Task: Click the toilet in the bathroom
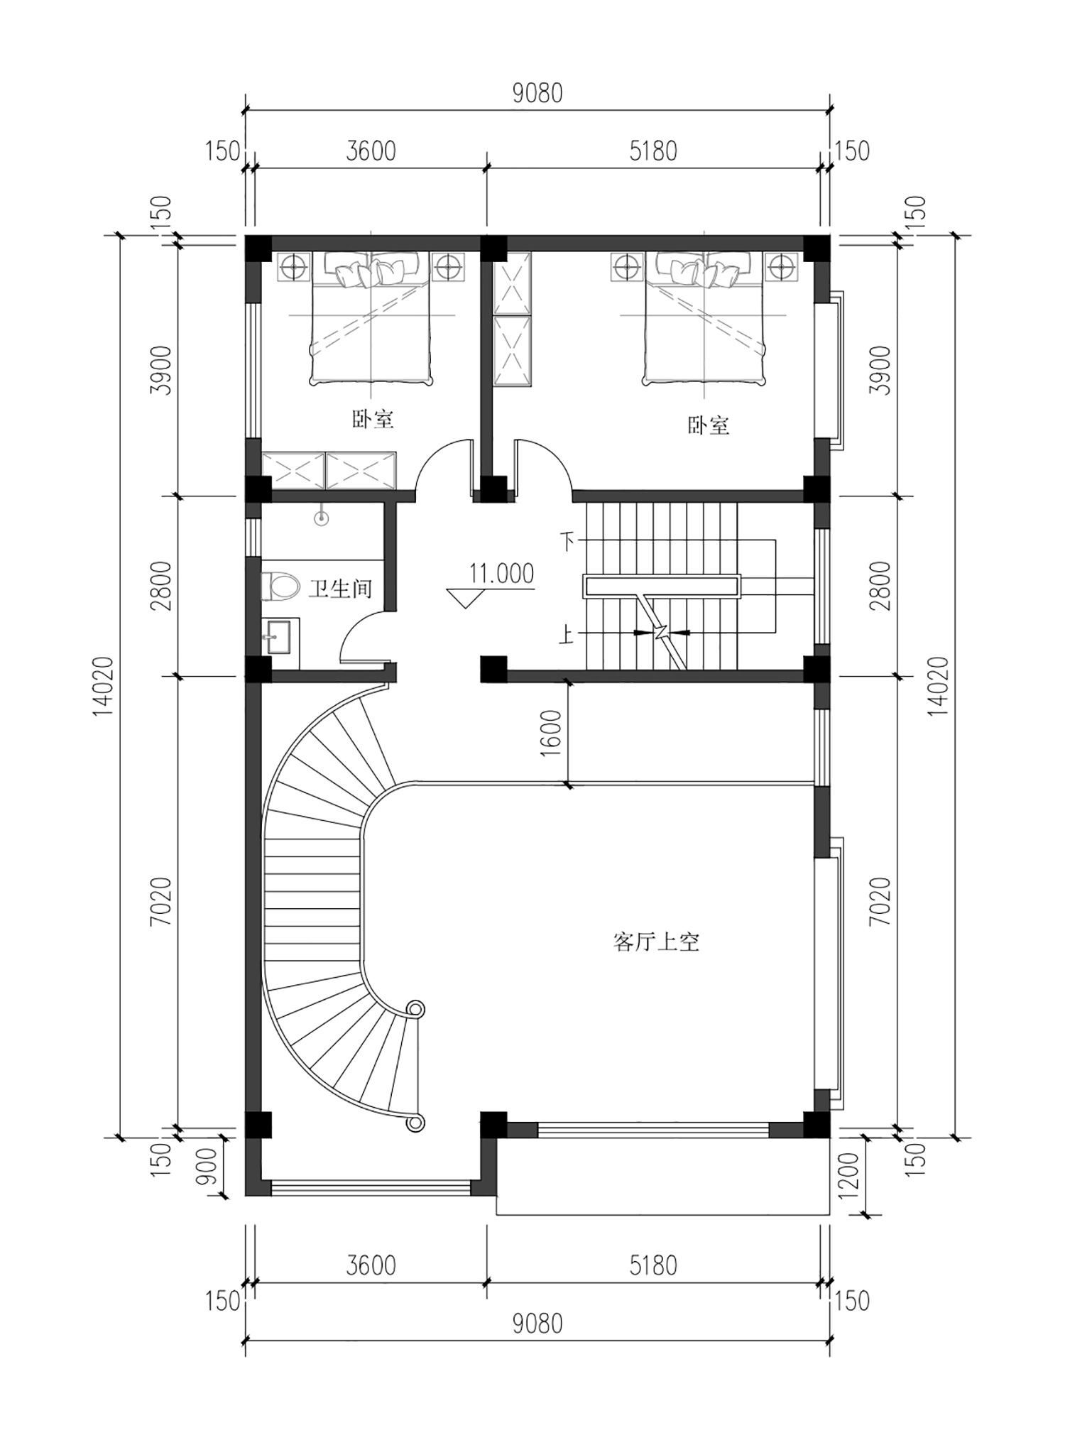[x=280, y=587]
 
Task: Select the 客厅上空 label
[x=656, y=942]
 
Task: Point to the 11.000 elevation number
[x=501, y=573]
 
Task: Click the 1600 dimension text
[x=552, y=733]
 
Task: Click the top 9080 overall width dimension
[x=537, y=93]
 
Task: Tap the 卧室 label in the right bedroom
[x=709, y=425]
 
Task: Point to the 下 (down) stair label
[x=567, y=541]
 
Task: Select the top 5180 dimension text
[x=653, y=151]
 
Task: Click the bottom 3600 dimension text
[x=371, y=1265]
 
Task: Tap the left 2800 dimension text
[x=162, y=586]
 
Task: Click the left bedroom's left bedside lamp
[x=293, y=267]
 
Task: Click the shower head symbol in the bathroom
[x=322, y=518]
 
